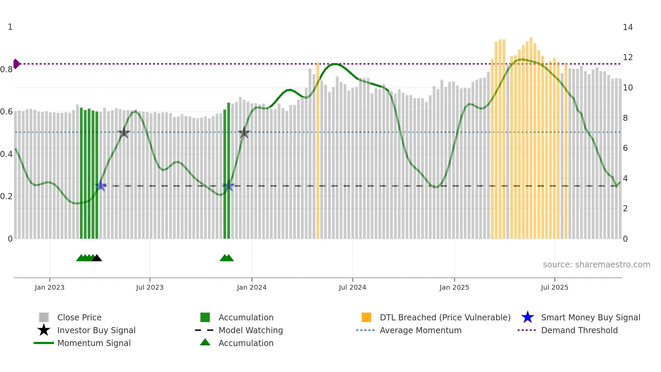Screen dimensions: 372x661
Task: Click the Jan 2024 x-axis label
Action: (x=252, y=287)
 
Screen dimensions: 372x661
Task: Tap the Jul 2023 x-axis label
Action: (x=150, y=287)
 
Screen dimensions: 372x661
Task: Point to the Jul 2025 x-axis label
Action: (x=554, y=287)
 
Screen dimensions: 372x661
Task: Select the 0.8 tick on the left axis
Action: (x=6, y=70)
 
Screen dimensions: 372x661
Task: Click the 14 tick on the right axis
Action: (x=628, y=27)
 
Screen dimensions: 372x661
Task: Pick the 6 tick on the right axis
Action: (x=625, y=148)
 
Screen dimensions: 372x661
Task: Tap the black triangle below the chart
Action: (x=97, y=258)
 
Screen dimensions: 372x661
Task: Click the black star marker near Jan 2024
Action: (x=244, y=133)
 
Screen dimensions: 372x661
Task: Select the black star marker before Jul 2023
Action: (x=124, y=133)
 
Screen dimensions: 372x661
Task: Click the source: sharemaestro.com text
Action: (x=596, y=265)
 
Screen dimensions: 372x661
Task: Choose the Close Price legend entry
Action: (x=79, y=317)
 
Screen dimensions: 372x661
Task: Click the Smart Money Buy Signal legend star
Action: (x=527, y=317)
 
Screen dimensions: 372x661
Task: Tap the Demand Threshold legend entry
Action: (x=579, y=330)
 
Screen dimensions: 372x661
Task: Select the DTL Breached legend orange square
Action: (x=366, y=317)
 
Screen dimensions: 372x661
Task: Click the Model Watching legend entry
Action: (x=250, y=330)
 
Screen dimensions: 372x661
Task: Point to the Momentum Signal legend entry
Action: (x=94, y=343)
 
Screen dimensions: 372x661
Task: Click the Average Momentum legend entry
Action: (x=420, y=330)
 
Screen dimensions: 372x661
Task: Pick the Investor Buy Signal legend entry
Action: (x=96, y=330)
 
